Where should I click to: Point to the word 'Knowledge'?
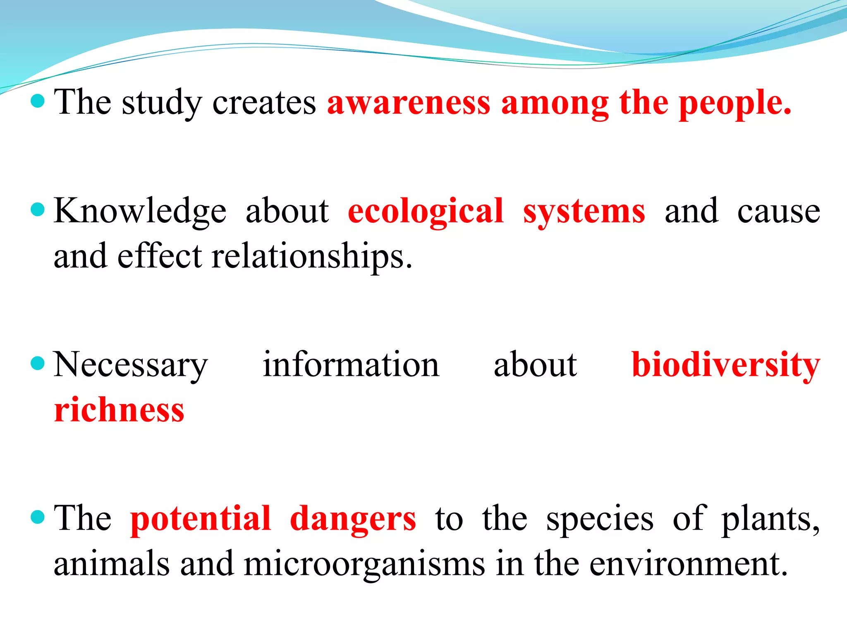click(x=140, y=212)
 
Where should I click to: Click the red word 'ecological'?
click(x=426, y=212)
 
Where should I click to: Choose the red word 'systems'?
click(x=584, y=212)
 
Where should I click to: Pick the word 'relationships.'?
click(x=312, y=256)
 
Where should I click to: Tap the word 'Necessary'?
click(x=131, y=365)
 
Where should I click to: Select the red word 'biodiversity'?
click(x=726, y=365)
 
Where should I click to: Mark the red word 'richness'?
click(x=119, y=410)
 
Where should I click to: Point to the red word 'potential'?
click(x=201, y=519)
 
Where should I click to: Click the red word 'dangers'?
click(x=353, y=519)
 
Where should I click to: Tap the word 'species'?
click(x=600, y=519)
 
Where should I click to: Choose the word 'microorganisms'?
click(x=364, y=564)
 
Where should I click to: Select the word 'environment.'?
click(x=688, y=564)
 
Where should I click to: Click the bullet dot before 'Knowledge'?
click(x=38, y=210)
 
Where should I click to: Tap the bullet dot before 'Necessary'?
click(x=38, y=363)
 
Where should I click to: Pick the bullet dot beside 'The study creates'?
click(x=38, y=101)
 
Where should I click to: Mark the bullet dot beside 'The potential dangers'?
click(x=38, y=517)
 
